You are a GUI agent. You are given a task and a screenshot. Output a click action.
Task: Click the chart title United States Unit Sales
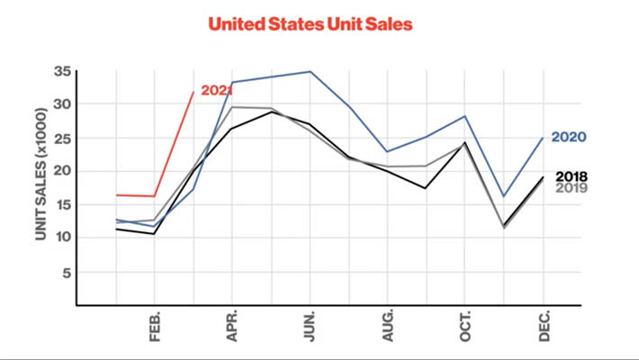click(x=310, y=24)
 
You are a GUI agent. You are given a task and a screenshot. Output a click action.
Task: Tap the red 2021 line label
click(x=217, y=91)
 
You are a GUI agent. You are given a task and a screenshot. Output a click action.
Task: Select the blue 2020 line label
click(x=569, y=138)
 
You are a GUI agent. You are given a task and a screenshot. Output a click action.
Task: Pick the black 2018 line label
click(x=571, y=176)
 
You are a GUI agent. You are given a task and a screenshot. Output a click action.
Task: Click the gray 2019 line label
click(x=571, y=188)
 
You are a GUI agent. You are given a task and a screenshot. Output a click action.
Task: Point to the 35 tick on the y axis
click(x=61, y=71)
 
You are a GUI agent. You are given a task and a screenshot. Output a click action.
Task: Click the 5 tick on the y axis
click(x=66, y=272)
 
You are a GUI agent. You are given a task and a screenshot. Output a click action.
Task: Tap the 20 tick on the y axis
click(x=61, y=171)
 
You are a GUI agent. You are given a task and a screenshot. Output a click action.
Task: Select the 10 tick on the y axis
click(x=61, y=238)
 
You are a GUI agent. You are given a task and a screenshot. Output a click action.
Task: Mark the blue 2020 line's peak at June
click(x=310, y=71)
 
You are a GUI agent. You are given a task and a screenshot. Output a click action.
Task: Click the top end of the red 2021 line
click(x=193, y=91)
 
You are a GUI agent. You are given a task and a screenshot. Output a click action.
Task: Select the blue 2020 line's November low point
click(x=504, y=196)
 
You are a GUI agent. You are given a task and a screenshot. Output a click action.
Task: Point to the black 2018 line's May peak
click(x=272, y=112)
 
